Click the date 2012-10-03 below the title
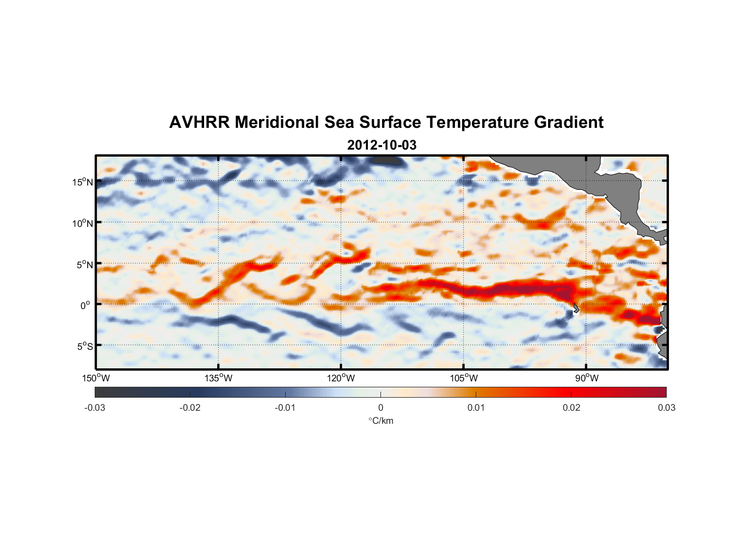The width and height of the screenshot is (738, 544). (382, 145)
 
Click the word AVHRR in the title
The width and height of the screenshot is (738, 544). (199, 122)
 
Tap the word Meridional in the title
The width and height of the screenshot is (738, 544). (277, 122)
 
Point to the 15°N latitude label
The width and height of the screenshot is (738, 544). (83, 182)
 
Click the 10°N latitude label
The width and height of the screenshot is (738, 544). (83, 223)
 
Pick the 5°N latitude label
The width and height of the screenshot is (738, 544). (84, 264)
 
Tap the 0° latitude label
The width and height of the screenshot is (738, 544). (85, 305)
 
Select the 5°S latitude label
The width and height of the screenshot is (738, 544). (84, 347)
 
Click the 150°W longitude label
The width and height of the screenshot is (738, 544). (96, 378)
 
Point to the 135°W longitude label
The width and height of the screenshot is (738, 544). (218, 378)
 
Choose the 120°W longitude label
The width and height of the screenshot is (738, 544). (341, 378)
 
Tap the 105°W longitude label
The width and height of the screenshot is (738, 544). (464, 378)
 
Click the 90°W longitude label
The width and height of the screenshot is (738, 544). (587, 378)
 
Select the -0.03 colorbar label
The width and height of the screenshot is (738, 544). (95, 408)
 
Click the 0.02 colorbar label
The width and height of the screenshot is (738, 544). (571, 408)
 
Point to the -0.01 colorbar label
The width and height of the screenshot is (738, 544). (285, 408)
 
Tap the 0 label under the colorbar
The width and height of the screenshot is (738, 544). (380, 408)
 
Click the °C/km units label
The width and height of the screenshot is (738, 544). (380, 421)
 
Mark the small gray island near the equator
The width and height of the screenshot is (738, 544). (576, 308)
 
